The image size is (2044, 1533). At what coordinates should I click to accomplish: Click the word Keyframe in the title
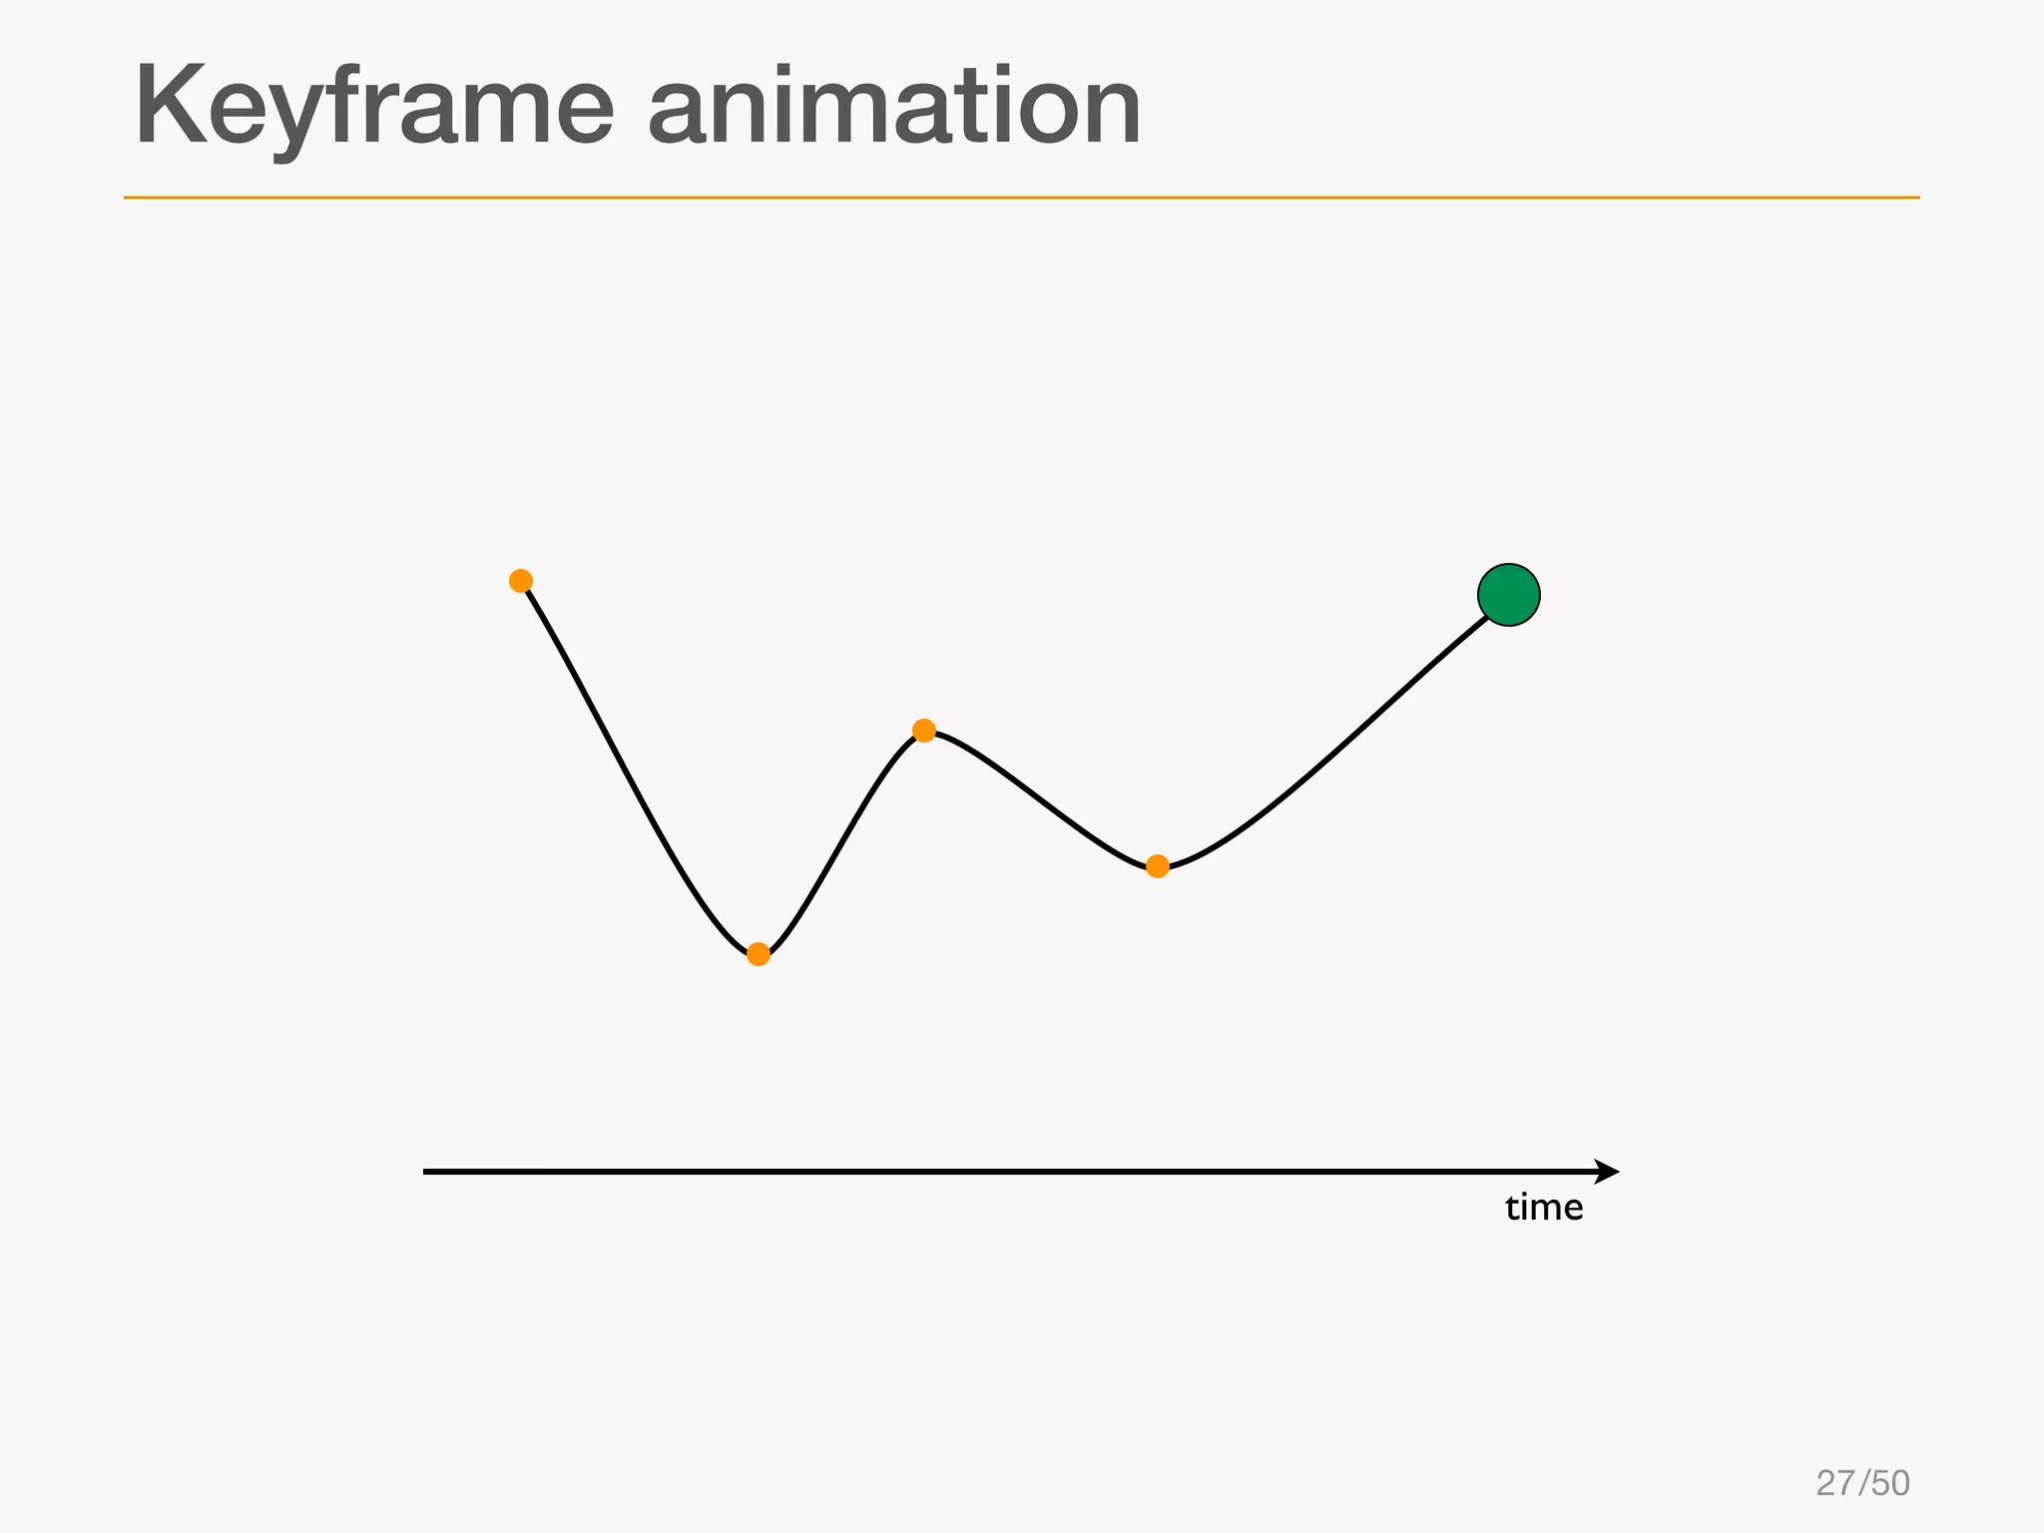pyautogui.click(x=374, y=107)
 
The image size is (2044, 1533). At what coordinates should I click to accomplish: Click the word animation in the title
pyautogui.click(x=894, y=107)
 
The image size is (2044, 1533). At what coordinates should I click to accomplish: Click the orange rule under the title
pyautogui.click(x=1021, y=198)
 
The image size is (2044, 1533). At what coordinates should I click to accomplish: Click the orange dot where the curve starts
pyautogui.click(x=521, y=581)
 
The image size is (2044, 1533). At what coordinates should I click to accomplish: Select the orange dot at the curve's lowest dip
pyautogui.click(x=759, y=954)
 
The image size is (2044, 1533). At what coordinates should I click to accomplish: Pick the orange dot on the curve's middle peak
pyautogui.click(x=924, y=731)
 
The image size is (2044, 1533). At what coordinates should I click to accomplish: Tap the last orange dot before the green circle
pyautogui.click(x=1158, y=866)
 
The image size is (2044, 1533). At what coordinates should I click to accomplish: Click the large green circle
pyautogui.click(x=1509, y=595)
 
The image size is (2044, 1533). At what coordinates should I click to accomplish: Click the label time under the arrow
pyautogui.click(x=1544, y=1208)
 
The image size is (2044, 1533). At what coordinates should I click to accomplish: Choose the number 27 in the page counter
pyautogui.click(x=1835, y=1483)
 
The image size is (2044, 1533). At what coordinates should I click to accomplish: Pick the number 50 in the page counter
pyautogui.click(x=1890, y=1483)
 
